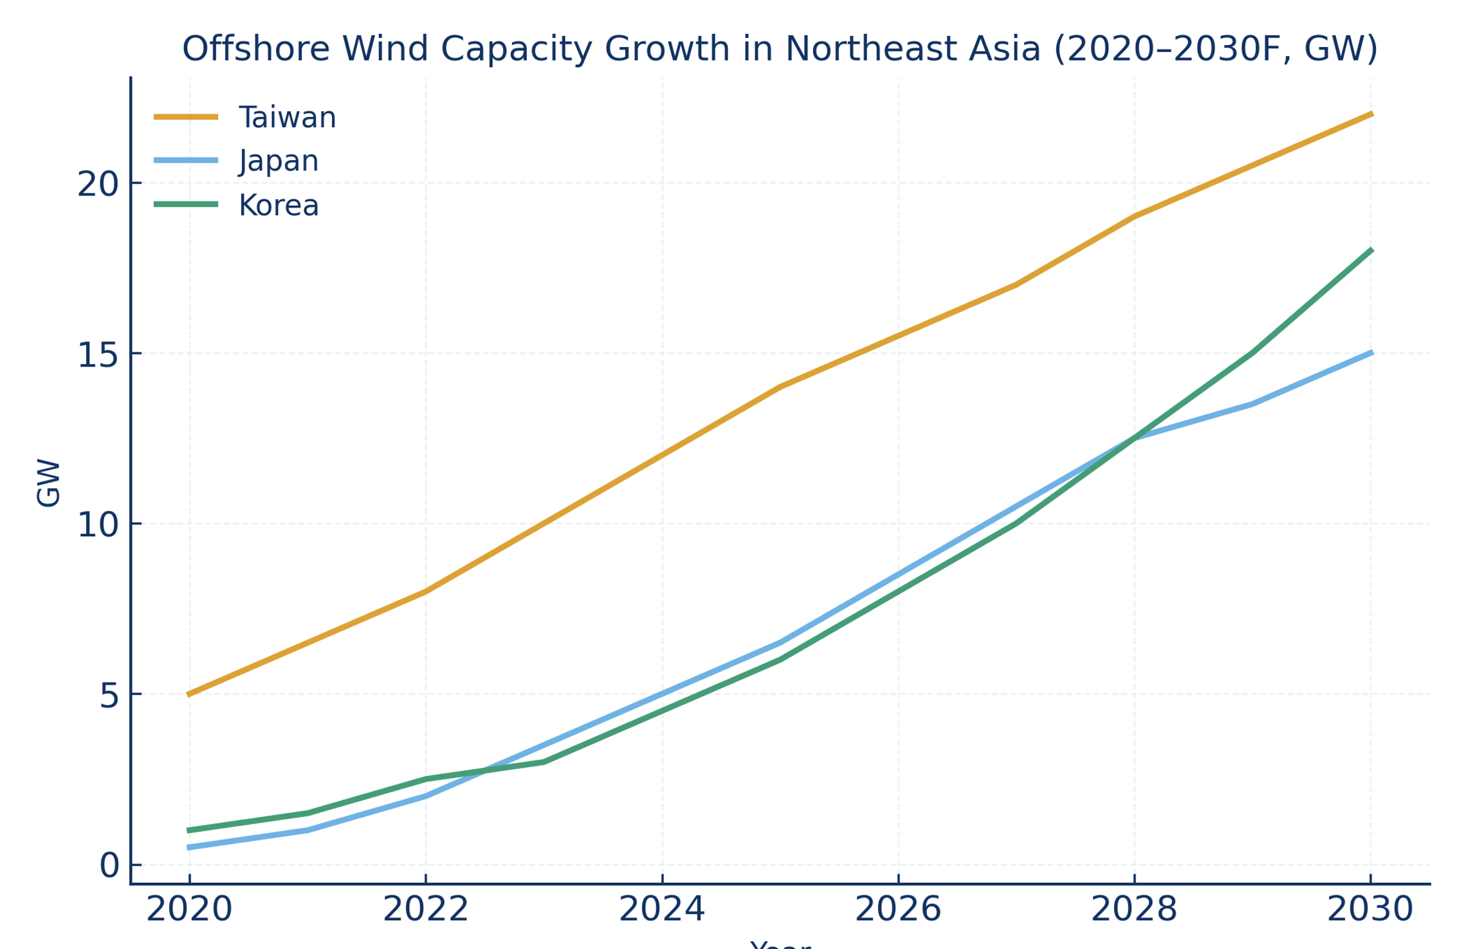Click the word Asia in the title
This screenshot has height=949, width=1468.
pos(1004,50)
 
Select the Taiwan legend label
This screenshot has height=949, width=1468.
pos(287,118)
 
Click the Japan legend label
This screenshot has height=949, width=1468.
pos(278,161)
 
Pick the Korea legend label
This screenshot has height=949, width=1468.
pos(278,206)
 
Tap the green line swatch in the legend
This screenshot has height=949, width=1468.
pos(186,204)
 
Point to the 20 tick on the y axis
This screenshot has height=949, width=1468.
pos(98,185)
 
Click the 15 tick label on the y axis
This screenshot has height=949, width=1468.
pos(98,356)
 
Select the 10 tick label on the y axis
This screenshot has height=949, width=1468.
pos(98,525)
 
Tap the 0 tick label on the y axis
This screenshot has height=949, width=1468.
pos(109,866)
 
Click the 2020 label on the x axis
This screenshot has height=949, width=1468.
pos(189,910)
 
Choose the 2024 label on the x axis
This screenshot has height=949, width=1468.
pos(662,910)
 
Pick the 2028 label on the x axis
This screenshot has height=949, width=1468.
pos(1134,910)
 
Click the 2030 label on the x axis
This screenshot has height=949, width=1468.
pos(1370,910)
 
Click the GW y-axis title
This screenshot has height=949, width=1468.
pos(49,483)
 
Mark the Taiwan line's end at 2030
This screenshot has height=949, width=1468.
pos(1371,114)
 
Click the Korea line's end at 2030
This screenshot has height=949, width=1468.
pos(1371,250)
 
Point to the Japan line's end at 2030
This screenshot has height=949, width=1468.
pos(1371,352)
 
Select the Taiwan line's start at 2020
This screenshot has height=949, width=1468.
pos(189,694)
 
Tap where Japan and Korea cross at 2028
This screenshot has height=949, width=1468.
pos(1134,438)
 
